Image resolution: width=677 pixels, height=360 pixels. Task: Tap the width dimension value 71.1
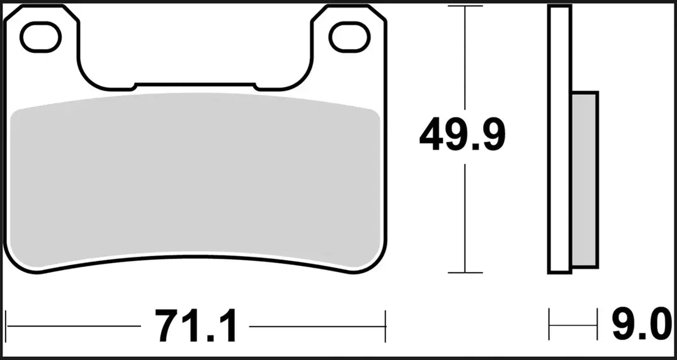(x=195, y=327)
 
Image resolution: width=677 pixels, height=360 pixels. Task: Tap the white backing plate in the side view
(x=559, y=138)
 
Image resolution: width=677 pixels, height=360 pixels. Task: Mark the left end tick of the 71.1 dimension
(x=6, y=327)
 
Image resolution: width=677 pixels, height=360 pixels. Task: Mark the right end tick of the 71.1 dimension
(x=385, y=327)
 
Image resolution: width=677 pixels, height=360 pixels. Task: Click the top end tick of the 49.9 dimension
(x=465, y=6)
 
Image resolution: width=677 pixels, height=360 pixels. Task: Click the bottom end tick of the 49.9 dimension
(x=465, y=273)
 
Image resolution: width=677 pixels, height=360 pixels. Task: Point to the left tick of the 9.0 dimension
(x=550, y=327)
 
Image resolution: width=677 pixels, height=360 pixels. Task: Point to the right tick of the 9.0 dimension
(x=596, y=327)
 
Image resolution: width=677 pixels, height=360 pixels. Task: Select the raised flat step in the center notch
(x=195, y=84)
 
